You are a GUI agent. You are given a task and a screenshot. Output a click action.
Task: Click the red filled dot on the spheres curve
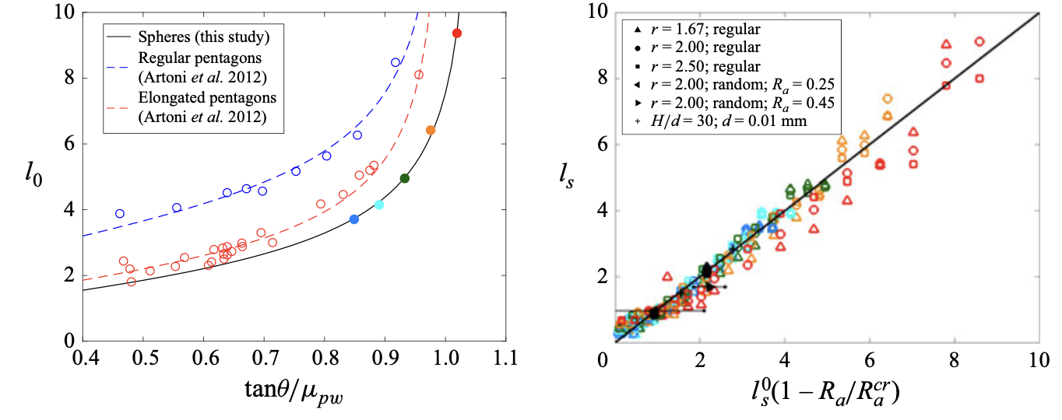click(457, 33)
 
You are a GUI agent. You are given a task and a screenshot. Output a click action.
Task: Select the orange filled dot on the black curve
click(431, 131)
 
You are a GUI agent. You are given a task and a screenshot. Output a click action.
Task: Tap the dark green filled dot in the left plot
click(404, 178)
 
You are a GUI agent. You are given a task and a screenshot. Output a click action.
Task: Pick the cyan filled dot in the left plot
click(379, 205)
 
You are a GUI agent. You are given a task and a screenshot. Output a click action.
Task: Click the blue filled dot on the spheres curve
click(354, 219)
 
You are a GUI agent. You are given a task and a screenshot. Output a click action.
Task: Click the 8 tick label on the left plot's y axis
click(69, 78)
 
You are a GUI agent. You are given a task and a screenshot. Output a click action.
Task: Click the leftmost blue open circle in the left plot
click(120, 213)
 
